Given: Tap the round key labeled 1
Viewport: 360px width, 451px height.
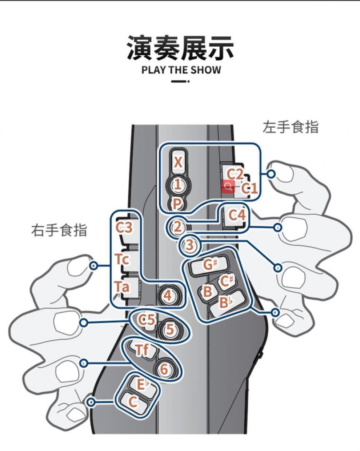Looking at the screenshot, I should [x=177, y=185].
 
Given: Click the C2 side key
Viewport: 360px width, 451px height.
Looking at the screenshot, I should [x=234, y=174].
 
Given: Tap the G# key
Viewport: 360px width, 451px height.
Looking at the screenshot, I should [x=208, y=265].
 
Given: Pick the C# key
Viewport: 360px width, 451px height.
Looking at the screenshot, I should [x=228, y=281].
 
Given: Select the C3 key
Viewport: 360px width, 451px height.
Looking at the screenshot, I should [x=124, y=228].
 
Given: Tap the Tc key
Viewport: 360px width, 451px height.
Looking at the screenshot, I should [x=123, y=260].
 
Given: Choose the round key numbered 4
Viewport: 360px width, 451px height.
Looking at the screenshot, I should [x=168, y=295].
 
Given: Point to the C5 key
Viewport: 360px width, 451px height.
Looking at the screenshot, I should [x=147, y=320].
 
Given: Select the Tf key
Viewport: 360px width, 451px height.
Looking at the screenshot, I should [x=143, y=350].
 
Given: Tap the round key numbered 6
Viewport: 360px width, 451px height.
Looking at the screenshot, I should [x=164, y=369].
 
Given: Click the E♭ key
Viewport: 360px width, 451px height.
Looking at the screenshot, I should [x=142, y=384].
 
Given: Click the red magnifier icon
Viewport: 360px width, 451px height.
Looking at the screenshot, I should [x=228, y=187].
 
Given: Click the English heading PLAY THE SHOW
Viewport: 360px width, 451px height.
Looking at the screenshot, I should [x=181, y=70].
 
